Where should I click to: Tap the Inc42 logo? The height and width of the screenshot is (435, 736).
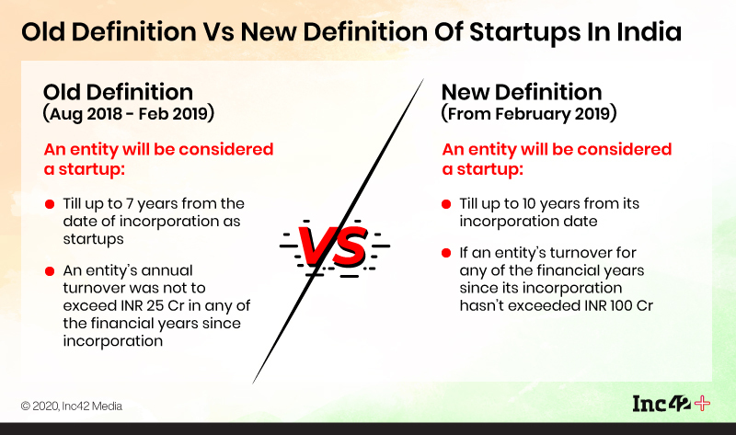pos(661,404)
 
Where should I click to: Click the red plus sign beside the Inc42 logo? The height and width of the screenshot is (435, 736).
pos(702,404)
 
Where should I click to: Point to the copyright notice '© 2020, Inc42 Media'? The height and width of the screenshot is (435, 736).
pos(72,406)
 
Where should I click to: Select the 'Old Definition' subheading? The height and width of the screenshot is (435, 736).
pos(118,92)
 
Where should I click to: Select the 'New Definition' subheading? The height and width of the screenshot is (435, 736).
pos(522,92)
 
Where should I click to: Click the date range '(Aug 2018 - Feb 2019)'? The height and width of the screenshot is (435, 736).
pos(128,114)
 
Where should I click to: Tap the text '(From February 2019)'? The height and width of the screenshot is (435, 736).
pos(528,114)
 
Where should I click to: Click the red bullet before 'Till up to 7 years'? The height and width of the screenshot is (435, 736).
pos(50,204)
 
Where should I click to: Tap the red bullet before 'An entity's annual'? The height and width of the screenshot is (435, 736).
pos(50,271)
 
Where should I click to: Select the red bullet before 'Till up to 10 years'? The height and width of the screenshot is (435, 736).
pos(446,204)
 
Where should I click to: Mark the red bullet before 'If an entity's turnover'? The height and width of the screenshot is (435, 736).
pos(446,254)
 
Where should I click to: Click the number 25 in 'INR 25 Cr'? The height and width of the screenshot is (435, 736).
pos(155,305)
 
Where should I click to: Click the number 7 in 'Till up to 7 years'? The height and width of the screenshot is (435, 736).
pos(130,204)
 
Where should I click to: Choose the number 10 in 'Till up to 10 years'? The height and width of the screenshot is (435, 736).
pos(529,204)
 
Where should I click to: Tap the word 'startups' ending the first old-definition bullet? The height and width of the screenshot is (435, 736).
pos(94,239)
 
